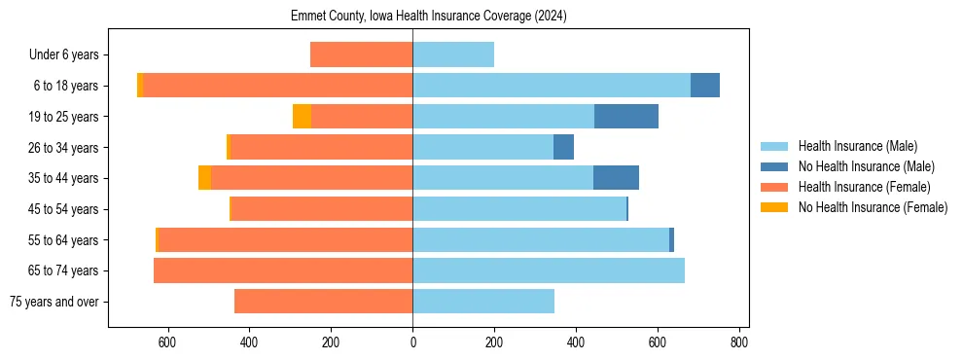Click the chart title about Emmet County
point(428,17)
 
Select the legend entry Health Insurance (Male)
point(857,146)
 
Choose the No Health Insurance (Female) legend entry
point(873,207)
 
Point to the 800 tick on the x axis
point(739,342)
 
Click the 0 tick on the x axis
point(412,342)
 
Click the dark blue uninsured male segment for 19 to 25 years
point(626,117)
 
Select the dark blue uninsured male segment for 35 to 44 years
point(616,178)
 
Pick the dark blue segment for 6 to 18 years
point(705,86)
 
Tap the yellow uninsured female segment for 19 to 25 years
point(302,117)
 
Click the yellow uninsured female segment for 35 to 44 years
point(204,178)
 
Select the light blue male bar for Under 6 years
point(453,55)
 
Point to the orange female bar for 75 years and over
point(323,302)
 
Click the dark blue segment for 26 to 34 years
point(563,148)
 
